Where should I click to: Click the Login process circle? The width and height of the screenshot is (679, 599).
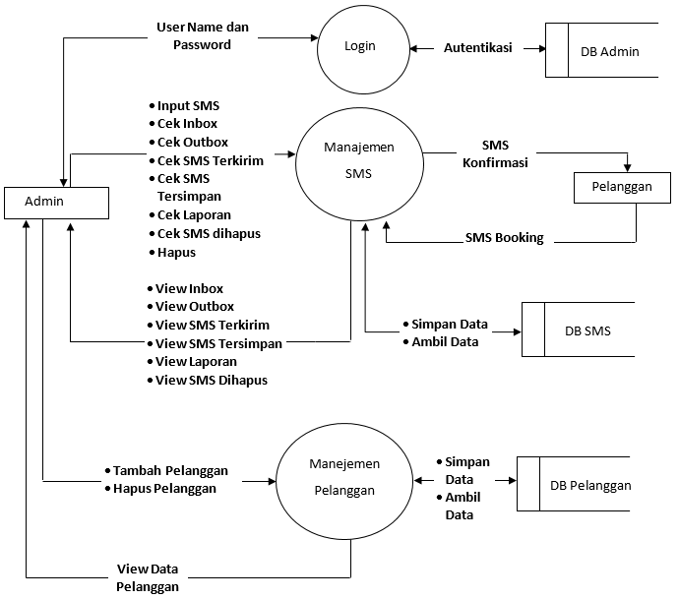click(x=360, y=46)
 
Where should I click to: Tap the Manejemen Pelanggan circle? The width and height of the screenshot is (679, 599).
click(x=344, y=476)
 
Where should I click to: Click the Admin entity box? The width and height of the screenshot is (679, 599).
click(x=56, y=202)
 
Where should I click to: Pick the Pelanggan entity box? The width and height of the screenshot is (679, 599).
click(x=615, y=187)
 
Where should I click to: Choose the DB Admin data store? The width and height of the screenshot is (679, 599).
click(x=603, y=52)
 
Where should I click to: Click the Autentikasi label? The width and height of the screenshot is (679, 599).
click(x=477, y=47)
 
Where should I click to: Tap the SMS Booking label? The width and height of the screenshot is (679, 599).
click(x=504, y=238)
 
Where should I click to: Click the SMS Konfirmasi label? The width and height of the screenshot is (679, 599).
click(x=495, y=154)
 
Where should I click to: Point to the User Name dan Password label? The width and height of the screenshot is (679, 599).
click(x=202, y=36)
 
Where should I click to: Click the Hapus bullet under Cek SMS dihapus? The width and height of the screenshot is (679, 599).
click(x=176, y=252)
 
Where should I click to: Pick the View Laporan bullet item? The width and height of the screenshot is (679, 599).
click(x=196, y=362)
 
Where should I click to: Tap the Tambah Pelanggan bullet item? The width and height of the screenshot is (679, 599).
click(x=170, y=470)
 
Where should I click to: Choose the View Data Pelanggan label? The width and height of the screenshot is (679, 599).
click(x=148, y=577)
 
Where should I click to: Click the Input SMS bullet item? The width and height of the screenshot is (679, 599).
click(x=188, y=105)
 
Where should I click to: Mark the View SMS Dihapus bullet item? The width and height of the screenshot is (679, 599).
click(x=211, y=381)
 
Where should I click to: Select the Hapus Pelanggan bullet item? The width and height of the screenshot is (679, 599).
click(x=164, y=488)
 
